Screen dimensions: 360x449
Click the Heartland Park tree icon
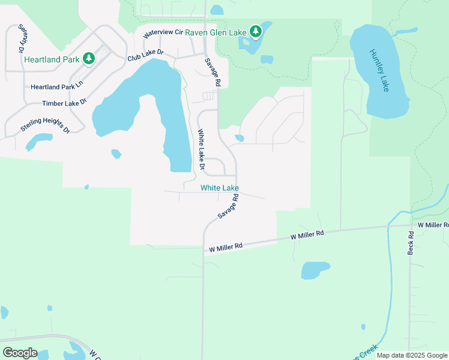(x=89, y=58)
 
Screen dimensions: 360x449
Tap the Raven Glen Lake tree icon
(x=256, y=31)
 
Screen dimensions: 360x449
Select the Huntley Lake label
(x=379, y=70)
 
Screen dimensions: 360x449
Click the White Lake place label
(x=220, y=188)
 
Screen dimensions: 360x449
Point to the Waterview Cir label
(x=162, y=33)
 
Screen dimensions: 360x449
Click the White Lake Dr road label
(x=202, y=150)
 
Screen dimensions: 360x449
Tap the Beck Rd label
(x=411, y=243)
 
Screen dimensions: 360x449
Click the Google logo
(x=20, y=353)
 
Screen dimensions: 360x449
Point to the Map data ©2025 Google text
(x=412, y=355)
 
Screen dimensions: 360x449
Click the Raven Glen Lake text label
(x=215, y=32)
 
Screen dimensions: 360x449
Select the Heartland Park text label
(x=52, y=59)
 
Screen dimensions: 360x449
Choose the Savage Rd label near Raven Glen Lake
(x=213, y=73)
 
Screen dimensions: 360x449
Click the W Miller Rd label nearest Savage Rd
(x=226, y=246)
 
